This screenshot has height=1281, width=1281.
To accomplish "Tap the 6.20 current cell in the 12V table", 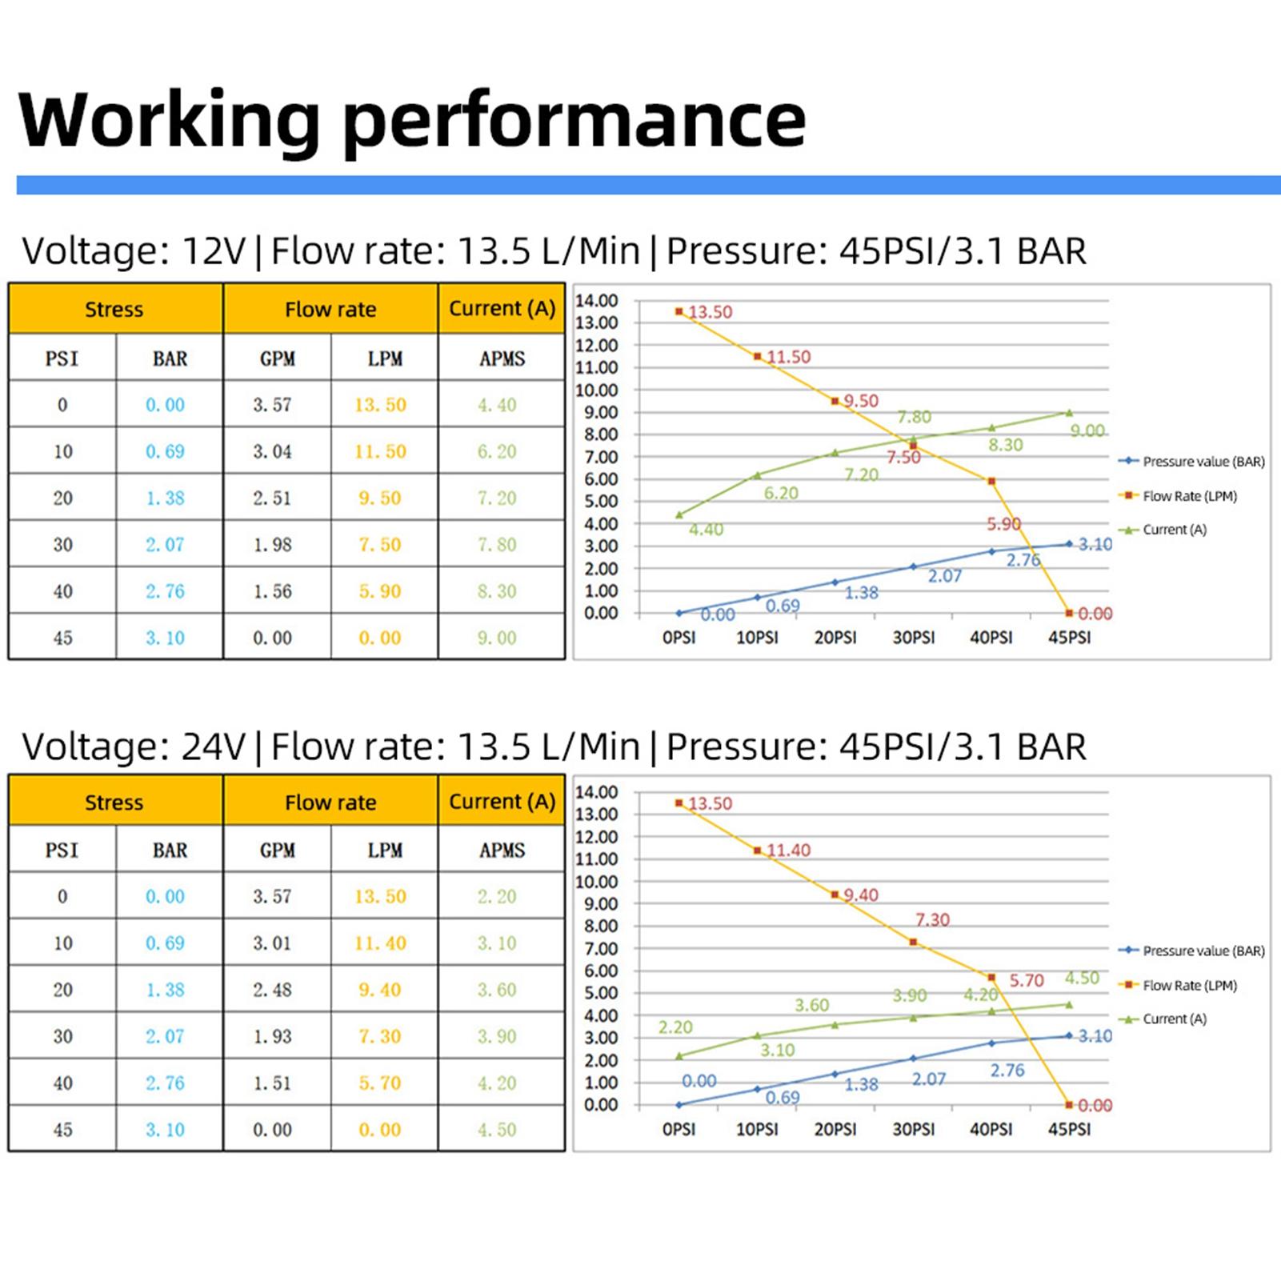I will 497,451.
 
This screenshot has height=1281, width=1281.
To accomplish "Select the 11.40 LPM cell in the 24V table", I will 380,943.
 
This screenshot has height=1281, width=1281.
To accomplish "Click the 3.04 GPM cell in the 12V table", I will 272,451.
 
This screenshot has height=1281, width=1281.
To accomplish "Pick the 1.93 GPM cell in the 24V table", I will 272,1036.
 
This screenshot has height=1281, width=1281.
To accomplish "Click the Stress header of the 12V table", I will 114,309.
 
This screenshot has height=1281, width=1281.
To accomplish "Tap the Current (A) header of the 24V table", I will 502,801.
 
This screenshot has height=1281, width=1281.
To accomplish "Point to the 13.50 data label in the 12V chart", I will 710,312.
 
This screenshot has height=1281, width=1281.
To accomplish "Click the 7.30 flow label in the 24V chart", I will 932,920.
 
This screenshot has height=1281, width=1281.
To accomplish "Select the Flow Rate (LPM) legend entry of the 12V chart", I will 1189,496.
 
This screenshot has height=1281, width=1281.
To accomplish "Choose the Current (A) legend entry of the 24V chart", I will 1174,1019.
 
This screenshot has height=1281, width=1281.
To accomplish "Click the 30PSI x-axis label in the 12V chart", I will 913,638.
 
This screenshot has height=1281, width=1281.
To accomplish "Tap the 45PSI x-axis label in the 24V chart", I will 1069,1129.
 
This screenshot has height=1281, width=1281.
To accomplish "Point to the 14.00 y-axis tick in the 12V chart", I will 597,301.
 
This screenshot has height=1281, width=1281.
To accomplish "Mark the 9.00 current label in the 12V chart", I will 1087,430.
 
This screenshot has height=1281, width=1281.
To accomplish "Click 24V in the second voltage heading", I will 214,747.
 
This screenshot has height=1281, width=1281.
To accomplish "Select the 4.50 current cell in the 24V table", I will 497,1130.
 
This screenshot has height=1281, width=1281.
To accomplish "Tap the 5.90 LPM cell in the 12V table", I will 380,591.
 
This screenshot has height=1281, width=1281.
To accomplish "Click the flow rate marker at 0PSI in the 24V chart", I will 679,803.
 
